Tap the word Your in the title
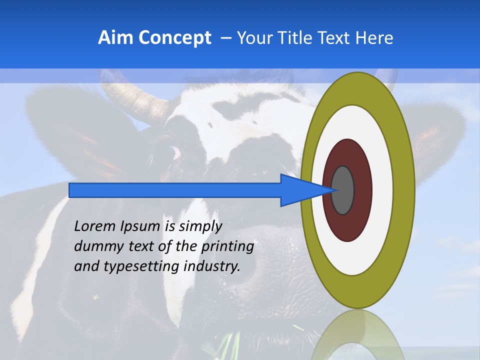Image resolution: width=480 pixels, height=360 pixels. coord(254,38)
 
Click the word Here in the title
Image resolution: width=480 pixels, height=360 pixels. coord(374,38)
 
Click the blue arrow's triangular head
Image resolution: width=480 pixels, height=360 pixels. coord(300,190)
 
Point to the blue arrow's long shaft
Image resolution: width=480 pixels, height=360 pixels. coord(175,190)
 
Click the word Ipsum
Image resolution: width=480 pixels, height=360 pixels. coord(139,227)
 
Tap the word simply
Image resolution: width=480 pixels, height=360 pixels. coord(200,227)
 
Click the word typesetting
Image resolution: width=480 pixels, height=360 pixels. coord(142,266)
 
